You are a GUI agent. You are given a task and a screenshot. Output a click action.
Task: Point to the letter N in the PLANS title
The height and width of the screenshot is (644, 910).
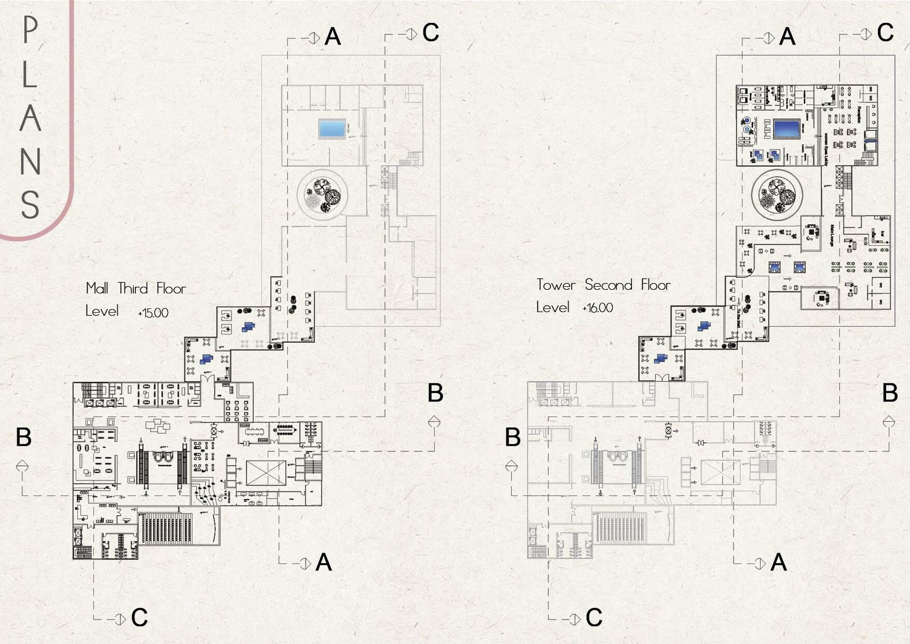pyautogui.click(x=31, y=162)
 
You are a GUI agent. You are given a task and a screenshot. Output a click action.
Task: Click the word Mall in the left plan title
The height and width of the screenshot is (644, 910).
pyautogui.click(x=97, y=288)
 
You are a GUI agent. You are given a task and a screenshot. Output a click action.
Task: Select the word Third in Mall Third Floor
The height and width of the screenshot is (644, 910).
pyautogui.click(x=133, y=288)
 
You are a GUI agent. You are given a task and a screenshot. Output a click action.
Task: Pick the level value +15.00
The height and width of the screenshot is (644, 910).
pyautogui.click(x=153, y=313)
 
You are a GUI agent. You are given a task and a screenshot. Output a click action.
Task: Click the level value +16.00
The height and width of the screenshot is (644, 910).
pyautogui.click(x=598, y=308)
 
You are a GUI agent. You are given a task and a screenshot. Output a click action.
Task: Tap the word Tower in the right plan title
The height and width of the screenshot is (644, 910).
pyautogui.click(x=556, y=285)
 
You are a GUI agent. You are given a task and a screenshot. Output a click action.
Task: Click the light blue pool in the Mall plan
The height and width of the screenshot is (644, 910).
pyautogui.click(x=332, y=128)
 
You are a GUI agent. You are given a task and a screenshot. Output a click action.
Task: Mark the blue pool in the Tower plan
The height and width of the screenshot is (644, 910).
pyautogui.click(x=787, y=129)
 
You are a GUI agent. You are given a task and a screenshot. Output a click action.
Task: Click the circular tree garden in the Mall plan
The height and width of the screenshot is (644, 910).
pyautogui.click(x=322, y=195)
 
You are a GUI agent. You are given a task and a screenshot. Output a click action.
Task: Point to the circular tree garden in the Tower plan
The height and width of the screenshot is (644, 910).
pyautogui.click(x=777, y=195)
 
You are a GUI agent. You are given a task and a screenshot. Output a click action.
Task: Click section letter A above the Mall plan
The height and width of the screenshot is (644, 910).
pyautogui.click(x=333, y=37)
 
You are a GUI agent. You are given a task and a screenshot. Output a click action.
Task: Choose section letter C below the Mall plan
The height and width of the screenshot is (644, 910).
pyautogui.click(x=139, y=618)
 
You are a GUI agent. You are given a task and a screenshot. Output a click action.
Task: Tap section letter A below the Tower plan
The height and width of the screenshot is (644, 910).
pyautogui.click(x=778, y=562)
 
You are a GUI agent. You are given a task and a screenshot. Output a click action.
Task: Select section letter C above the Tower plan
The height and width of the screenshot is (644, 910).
pyautogui.click(x=885, y=33)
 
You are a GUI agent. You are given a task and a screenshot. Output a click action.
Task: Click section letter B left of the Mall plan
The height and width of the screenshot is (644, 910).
pyautogui.click(x=24, y=437)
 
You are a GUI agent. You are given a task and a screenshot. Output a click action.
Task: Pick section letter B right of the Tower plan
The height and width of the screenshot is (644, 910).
pyautogui.click(x=890, y=393)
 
